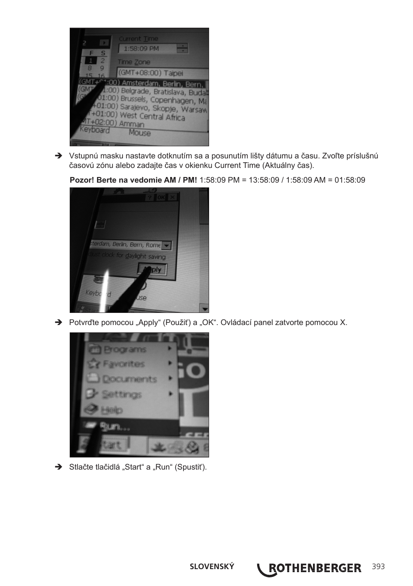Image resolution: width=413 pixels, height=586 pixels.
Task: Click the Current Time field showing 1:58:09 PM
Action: (x=147, y=49)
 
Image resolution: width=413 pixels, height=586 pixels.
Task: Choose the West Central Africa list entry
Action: (x=152, y=116)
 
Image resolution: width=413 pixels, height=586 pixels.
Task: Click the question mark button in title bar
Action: (x=149, y=197)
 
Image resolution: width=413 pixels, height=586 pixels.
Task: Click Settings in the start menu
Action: (x=121, y=394)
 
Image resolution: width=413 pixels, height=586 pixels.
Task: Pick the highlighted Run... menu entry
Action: (x=115, y=427)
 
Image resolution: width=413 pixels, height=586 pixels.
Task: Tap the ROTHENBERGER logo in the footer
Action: (x=309, y=568)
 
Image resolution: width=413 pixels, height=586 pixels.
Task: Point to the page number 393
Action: (x=378, y=567)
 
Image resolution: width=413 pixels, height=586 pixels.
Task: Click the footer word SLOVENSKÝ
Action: (x=212, y=567)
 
